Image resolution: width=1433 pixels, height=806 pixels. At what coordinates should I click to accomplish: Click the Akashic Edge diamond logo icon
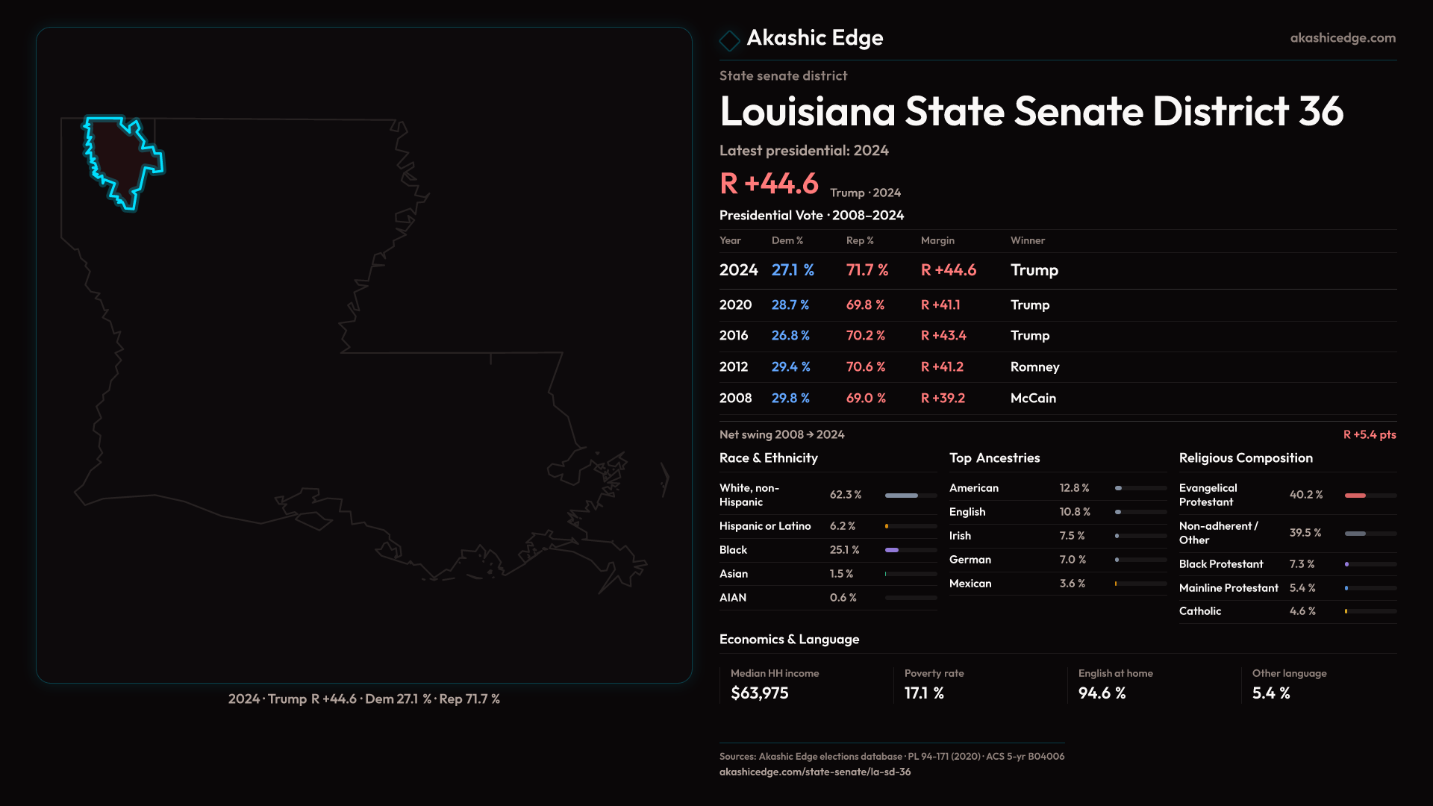click(729, 40)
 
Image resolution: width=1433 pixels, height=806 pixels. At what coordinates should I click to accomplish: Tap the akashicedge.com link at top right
click(1343, 38)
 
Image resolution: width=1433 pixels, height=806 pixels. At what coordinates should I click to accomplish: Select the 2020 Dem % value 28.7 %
click(790, 305)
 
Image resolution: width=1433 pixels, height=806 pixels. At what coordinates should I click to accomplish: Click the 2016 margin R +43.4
click(943, 336)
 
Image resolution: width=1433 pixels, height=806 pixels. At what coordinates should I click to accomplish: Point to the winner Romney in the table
click(1034, 367)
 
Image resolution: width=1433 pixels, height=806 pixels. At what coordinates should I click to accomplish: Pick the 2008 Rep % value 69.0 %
click(866, 399)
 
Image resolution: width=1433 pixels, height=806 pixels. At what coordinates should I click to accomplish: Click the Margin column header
click(937, 240)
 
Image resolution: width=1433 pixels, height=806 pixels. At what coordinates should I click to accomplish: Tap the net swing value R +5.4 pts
click(1369, 434)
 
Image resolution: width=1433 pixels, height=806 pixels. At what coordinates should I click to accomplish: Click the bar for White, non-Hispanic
click(911, 496)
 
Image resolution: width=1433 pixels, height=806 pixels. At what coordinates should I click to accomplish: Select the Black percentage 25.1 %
click(844, 550)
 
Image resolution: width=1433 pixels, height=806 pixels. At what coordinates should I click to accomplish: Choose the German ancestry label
click(970, 560)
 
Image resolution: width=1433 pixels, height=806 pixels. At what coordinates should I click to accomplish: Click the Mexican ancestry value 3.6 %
click(1073, 584)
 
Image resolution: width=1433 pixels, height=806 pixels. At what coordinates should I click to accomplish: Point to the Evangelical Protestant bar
click(1370, 496)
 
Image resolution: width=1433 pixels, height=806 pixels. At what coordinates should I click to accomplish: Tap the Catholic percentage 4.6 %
click(1302, 611)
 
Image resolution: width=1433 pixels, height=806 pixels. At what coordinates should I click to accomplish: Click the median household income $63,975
click(759, 693)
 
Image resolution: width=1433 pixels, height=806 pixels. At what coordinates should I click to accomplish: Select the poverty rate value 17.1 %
click(924, 693)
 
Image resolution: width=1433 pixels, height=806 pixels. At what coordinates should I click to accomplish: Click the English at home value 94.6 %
click(1102, 693)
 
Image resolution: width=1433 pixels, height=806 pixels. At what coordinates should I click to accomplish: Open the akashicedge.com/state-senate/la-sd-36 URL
click(815, 772)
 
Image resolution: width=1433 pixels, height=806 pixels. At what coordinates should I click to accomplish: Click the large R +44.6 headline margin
click(769, 184)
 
